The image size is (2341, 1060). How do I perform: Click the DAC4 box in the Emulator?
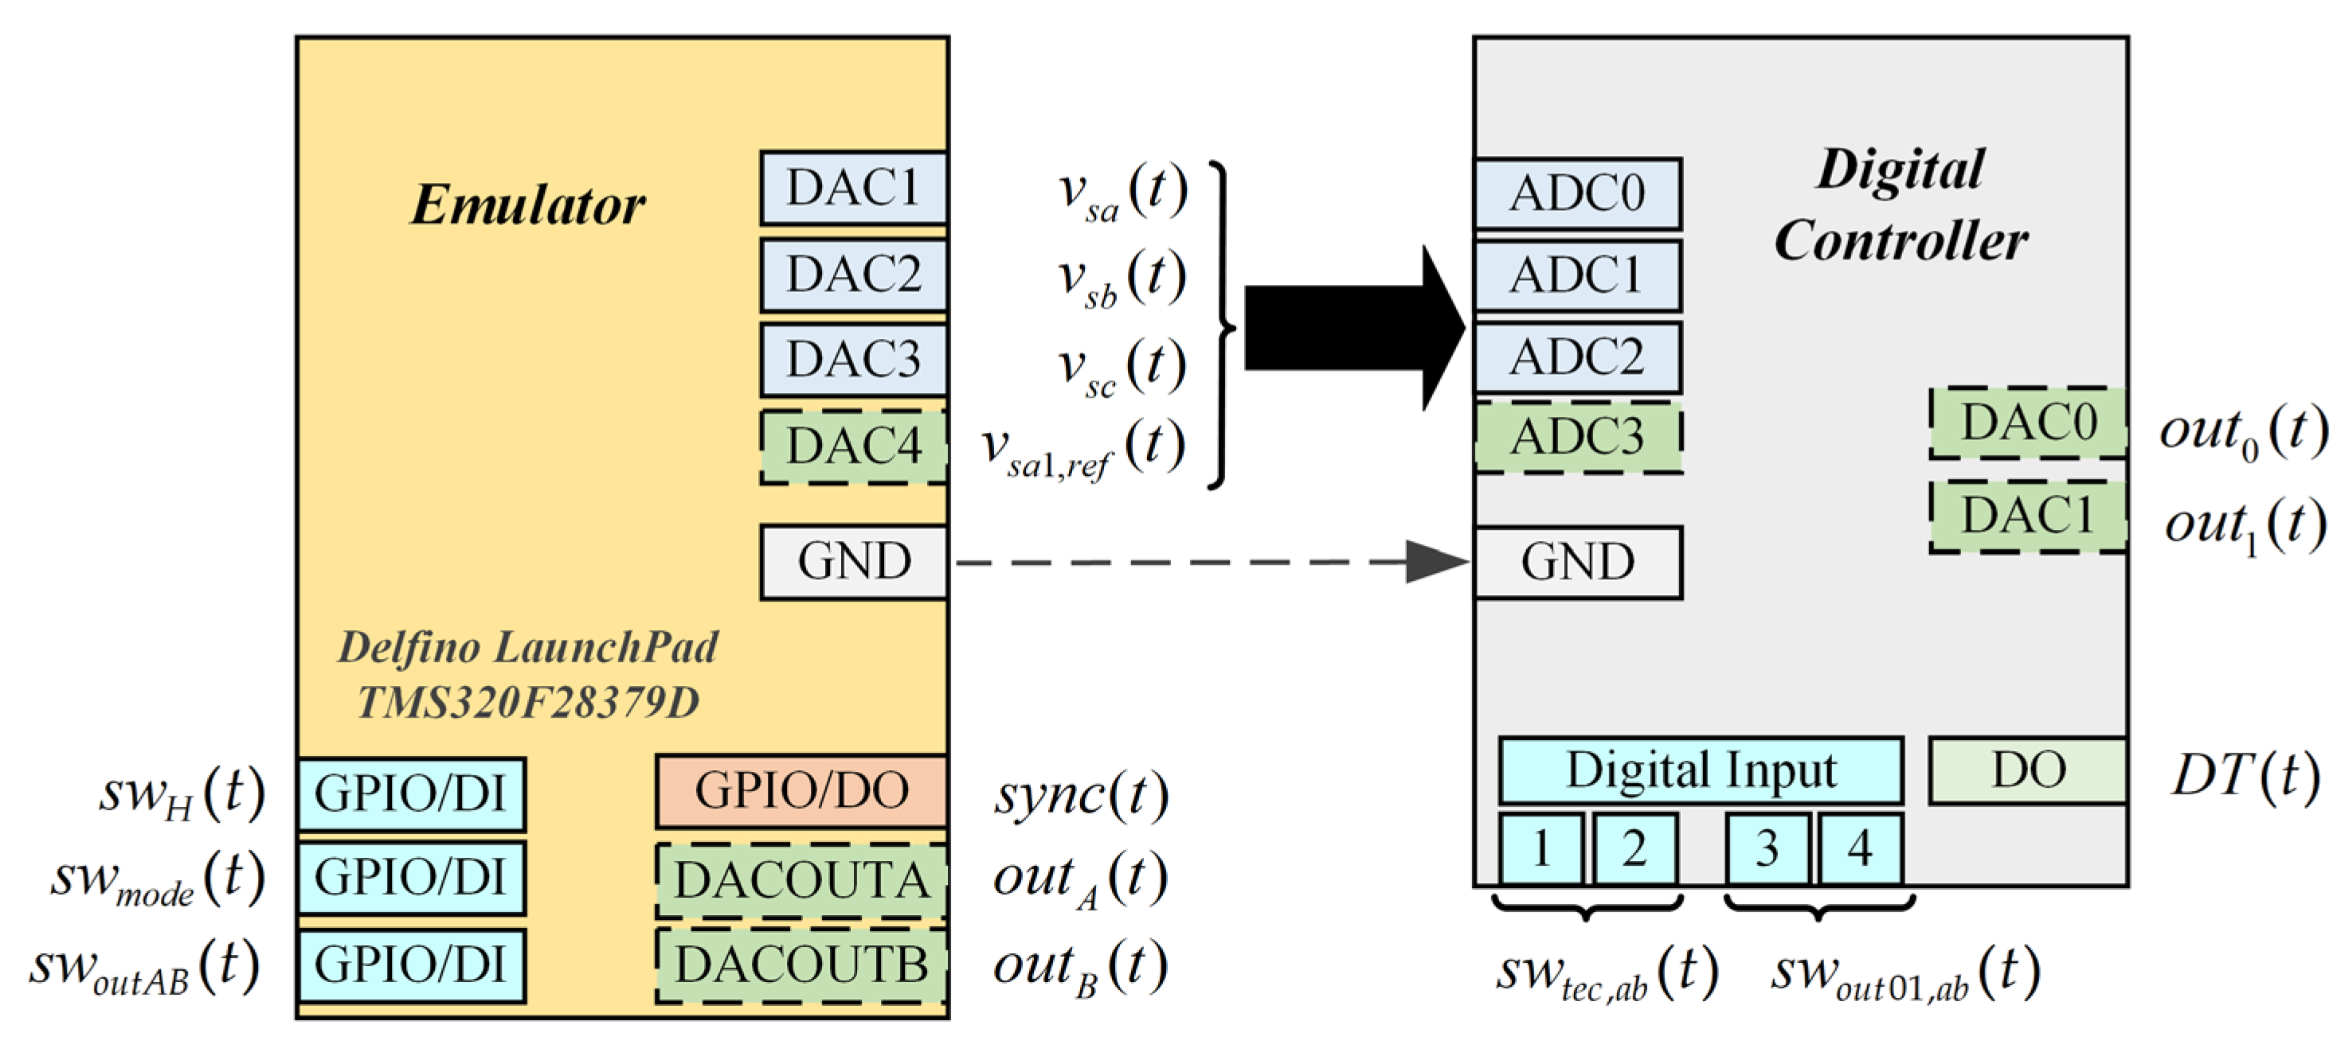[x=853, y=447]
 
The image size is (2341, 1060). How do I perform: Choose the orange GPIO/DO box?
[x=801, y=790]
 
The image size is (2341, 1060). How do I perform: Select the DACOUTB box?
[x=801, y=965]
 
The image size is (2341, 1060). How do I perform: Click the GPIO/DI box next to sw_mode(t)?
[x=411, y=878]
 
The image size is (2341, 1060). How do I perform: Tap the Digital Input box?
[x=1701, y=770]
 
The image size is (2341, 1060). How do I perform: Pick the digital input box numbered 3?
[x=1767, y=849]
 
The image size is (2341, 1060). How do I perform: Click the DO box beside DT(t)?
[x=2027, y=770]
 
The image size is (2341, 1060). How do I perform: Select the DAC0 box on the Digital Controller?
[x=2027, y=423]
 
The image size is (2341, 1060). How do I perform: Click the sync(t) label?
[x=1081, y=796]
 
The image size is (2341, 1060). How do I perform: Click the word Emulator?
[x=527, y=205]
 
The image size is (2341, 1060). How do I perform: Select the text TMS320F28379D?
[x=527, y=702]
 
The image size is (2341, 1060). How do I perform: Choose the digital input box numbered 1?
[x=1540, y=849]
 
